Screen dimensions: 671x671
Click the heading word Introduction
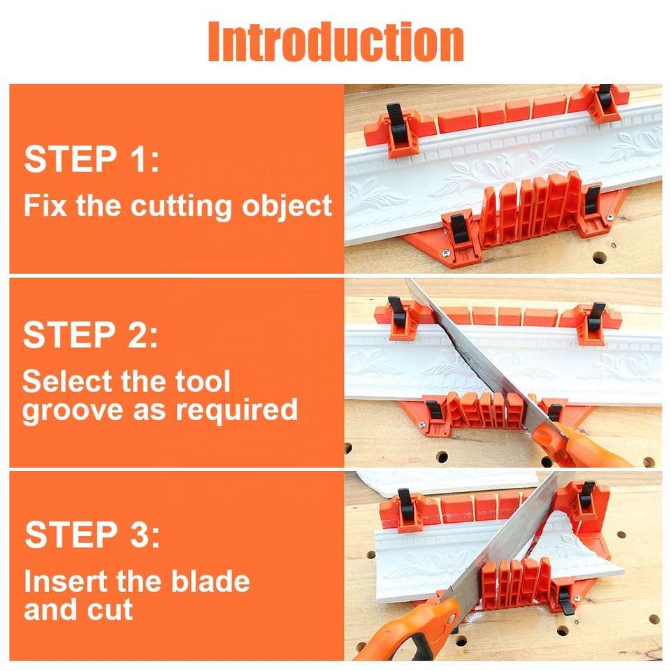tap(336, 41)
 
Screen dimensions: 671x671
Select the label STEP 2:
tap(91, 335)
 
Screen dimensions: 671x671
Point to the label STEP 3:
tap(92, 534)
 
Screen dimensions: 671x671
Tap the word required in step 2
tap(237, 410)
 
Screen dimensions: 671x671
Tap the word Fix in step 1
tap(45, 205)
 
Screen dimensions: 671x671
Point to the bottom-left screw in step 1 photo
tap(447, 254)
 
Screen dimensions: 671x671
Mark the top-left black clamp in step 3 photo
tap(405, 504)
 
